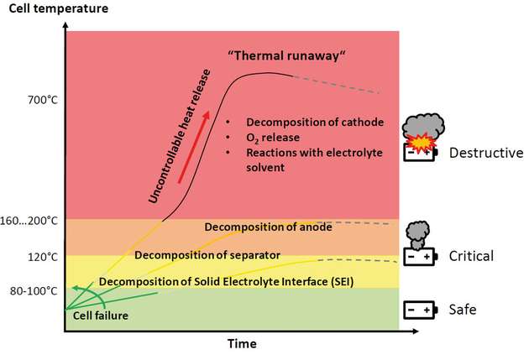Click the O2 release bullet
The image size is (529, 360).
(277, 137)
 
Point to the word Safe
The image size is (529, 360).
(463, 309)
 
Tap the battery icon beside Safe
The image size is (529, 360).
(421, 310)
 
